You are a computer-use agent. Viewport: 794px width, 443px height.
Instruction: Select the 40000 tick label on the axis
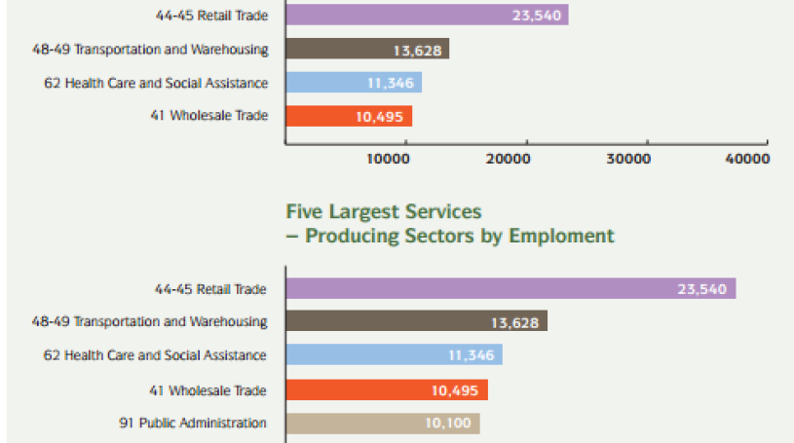[x=746, y=159]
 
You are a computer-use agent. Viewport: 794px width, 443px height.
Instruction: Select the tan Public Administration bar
[x=382, y=424]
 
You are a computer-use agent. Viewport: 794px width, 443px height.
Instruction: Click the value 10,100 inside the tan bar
[x=449, y=424]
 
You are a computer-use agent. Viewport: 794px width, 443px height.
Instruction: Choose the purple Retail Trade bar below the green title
[x=510, y=289]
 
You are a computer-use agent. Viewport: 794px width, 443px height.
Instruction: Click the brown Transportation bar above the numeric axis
[x=366, y=50]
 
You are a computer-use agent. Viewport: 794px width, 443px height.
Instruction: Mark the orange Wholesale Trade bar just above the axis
[x=348, y=116]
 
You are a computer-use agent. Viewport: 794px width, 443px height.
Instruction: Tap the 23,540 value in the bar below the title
[x=701, y=289]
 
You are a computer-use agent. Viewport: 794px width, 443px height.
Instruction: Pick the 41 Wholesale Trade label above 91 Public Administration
[x=218, y=390]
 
